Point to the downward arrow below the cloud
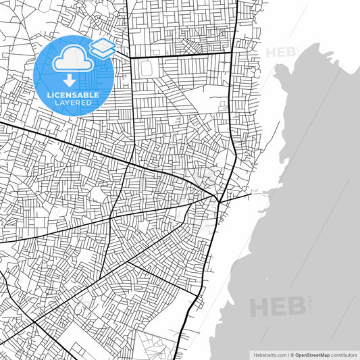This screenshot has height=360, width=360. (x=70, y=80)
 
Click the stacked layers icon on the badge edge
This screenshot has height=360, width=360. (x=102, y=48)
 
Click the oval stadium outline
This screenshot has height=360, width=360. (x=149, y=70)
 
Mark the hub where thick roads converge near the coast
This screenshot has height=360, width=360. (x=217, y=199)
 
